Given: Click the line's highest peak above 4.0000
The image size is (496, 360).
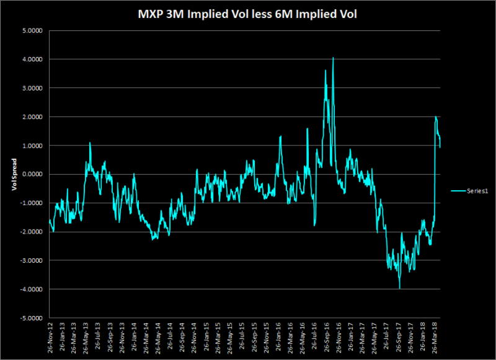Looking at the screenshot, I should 333,58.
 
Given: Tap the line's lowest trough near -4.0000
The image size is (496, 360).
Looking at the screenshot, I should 400,288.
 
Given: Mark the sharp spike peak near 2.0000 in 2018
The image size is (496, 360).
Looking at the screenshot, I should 436,116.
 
